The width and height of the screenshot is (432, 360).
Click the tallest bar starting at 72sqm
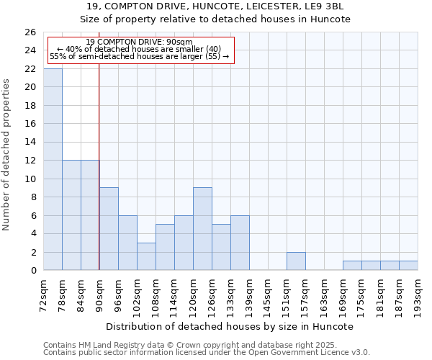coord(53,169)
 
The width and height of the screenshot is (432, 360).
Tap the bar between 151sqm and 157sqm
coord(296,261)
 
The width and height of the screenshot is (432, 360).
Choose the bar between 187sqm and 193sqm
coord(408,266)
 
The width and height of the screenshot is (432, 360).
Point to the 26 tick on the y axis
coord(30,32)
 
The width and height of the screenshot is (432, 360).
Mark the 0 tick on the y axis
coord(32,271)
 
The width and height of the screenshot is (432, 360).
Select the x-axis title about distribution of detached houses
coord(230,326)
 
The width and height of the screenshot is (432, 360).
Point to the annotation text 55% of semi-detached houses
coord(139,56)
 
